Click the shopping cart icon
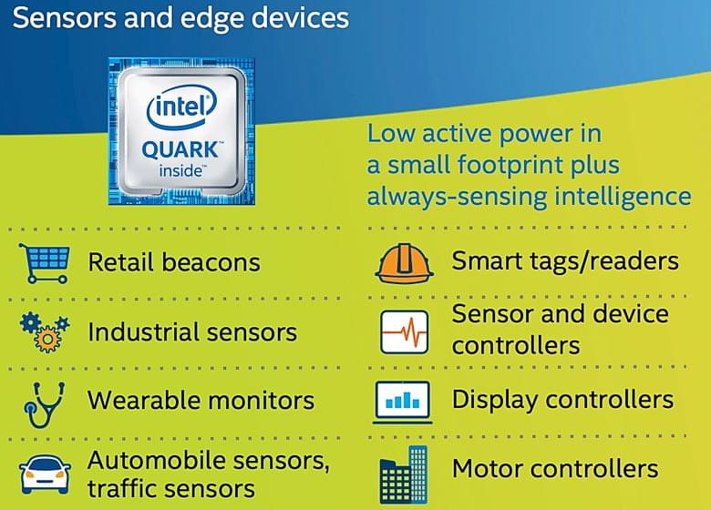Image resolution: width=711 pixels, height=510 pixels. click(45, 263)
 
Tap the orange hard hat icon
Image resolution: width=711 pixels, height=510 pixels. click(404, 262)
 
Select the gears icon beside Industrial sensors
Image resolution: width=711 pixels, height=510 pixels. click(45, 332)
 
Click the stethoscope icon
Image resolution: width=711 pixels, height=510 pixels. click(44, 404)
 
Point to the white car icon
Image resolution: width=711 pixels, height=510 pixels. click(45, 475)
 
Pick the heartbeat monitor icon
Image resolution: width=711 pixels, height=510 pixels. click(404, 332)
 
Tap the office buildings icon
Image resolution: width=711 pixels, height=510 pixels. click(404, 474)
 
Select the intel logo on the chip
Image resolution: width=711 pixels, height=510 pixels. click(181, 107)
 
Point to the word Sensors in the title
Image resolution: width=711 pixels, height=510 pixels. click(65, 18)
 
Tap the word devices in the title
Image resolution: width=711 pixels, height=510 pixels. click(300, 17)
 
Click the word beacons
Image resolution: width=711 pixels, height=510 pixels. click(211, 262)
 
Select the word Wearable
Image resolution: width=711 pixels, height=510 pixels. click(144, 401)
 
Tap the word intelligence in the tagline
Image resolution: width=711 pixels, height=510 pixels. click(623, 197)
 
